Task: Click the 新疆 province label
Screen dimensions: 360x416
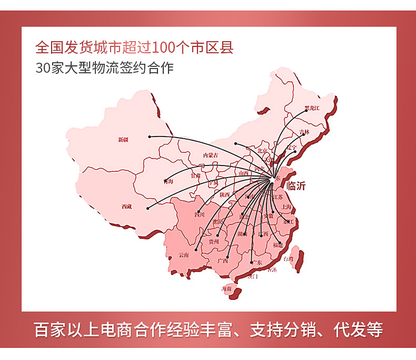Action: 123,140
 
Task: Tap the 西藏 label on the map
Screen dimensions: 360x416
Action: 126,207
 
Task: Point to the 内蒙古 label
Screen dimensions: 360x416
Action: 211,155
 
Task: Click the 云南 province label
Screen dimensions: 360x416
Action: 183,255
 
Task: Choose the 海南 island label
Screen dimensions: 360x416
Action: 226,289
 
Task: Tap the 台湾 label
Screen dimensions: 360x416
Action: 288,259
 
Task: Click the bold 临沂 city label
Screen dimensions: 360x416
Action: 295,186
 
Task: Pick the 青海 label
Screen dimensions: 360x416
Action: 169,181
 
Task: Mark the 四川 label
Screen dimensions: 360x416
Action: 199,215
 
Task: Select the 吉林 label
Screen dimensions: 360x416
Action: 304,131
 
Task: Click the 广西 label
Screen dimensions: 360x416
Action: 222,260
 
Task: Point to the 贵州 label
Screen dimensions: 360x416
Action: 213,241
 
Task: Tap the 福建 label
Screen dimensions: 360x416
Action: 278,245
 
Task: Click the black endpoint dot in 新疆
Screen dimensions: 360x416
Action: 150,137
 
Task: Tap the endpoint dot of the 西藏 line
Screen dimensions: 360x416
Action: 148,207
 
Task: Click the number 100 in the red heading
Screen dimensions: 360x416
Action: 164,48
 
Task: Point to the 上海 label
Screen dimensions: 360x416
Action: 286,207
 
